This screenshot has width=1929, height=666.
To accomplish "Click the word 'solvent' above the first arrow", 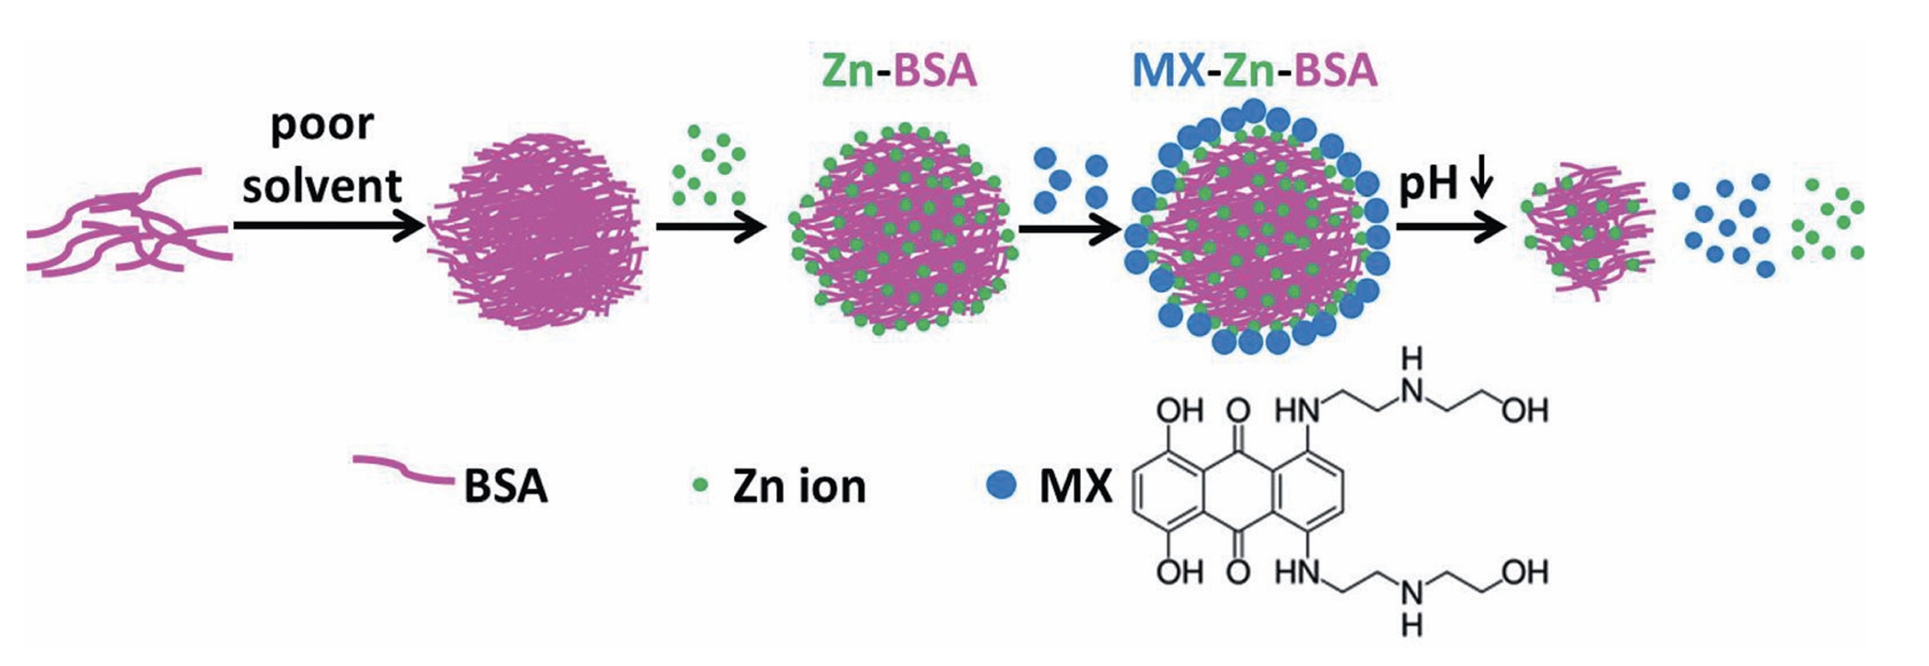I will [321, 186].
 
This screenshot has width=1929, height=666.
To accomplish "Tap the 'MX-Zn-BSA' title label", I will [1254, 71].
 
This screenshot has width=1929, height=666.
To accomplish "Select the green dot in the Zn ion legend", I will [701, 485].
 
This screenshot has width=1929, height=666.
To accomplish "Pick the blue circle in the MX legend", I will [1001, 485].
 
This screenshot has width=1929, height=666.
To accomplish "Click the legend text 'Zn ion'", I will [799, 485].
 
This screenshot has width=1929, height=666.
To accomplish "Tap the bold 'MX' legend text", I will [1075, 485].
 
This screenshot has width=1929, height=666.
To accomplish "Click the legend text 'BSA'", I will [505, 485].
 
